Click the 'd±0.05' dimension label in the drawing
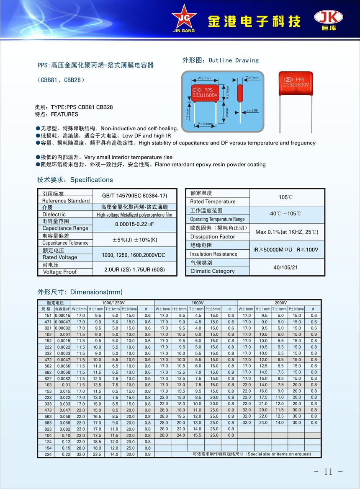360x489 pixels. (252, 110)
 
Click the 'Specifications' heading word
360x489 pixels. (91, 180)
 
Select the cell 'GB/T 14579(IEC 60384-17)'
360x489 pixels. (134, 196)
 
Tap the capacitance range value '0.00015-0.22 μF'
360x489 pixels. (134, 225)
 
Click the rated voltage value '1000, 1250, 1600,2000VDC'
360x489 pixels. (134, 255)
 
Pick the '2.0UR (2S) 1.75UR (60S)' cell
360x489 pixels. (134, 269)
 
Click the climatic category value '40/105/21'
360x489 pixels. (287, 267)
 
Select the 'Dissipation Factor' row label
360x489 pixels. (213, 237)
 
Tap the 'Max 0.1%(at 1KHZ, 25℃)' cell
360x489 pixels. (287, 232)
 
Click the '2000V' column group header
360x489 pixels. (280, 303)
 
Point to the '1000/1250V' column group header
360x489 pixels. (113, 303)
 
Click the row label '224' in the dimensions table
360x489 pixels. (48, 454)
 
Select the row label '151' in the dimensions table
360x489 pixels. (48, 316)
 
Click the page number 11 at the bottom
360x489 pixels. (328, 472)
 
